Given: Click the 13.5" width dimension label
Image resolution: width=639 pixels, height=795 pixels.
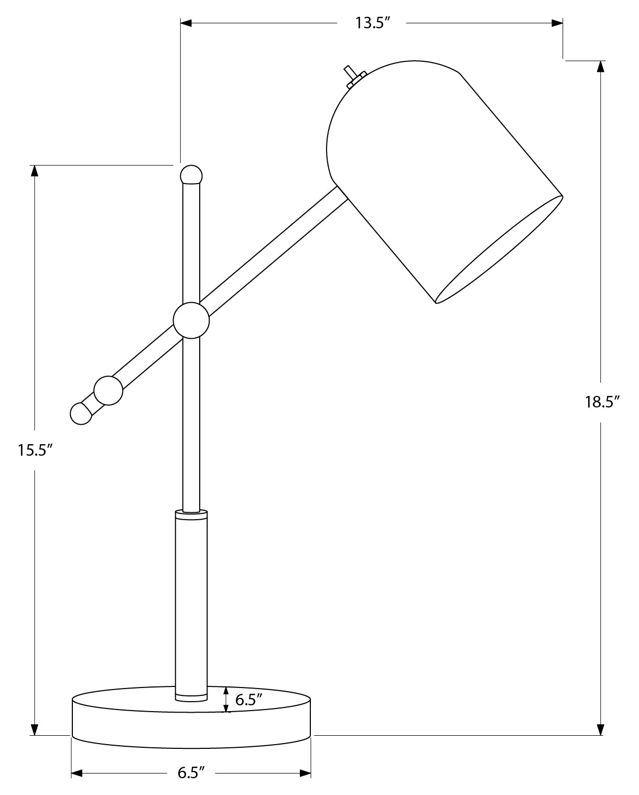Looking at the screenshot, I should click(371, 24).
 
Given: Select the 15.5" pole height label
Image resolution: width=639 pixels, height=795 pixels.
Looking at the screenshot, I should click(35, 450).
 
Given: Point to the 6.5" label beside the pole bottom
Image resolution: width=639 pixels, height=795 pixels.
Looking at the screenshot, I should click(248, 700).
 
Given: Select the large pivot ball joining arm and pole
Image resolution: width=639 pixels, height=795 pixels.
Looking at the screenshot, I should click(191, 320).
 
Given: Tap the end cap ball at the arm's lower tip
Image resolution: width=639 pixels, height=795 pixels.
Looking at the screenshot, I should click(80, 413).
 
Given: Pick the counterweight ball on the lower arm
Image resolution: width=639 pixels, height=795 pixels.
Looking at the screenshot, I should click(109, 391).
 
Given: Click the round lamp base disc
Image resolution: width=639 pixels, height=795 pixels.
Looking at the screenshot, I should click(191, 724).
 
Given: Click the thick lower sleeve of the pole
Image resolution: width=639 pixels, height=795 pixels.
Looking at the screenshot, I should click(191, 603).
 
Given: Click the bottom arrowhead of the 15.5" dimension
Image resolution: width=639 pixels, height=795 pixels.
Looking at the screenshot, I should click(35, 729).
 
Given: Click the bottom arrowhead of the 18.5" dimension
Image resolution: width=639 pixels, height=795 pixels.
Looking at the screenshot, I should click(601, 729).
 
